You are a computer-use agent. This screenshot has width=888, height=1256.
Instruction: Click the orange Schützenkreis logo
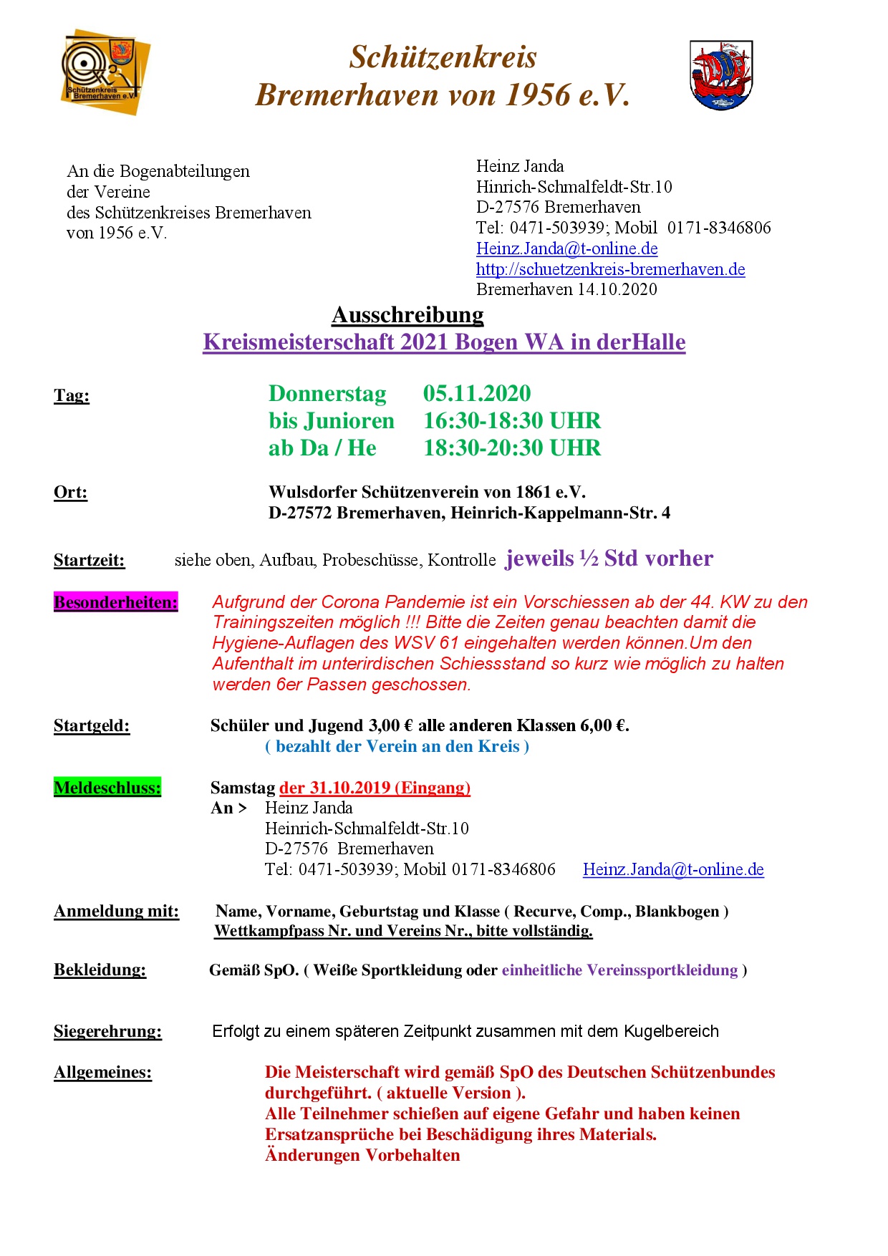[105, 72]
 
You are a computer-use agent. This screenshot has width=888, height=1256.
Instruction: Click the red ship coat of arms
[720, 74]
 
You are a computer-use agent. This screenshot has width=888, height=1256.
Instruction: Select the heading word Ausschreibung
[407, 315]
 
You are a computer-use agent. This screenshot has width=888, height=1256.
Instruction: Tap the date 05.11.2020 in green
[477, 393]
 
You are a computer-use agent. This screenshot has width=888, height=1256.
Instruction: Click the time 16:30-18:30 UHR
[512, 420]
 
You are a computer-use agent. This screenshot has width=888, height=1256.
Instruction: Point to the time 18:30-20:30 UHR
[512, 448]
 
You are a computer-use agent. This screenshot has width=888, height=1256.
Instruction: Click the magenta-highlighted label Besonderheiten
[115, 602]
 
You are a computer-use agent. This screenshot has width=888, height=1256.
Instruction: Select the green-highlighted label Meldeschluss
[107, 788]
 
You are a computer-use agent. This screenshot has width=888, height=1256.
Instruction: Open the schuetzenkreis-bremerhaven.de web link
[610, 269]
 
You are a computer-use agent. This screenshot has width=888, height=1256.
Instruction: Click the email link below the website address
[566, 248]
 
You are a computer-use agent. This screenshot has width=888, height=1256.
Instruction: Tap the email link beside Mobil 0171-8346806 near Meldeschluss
[673, 869]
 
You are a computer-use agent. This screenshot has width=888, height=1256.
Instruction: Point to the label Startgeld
[92, 726]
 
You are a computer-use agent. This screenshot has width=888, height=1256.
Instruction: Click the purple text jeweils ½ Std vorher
[609, 559]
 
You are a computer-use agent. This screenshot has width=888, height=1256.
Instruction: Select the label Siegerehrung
[107, 1031]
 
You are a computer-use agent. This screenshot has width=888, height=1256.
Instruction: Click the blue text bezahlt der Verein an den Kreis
[397, 746]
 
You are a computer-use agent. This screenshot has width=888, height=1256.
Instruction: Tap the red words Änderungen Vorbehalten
[362, 1155]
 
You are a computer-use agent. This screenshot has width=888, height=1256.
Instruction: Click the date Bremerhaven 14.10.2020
[566, 289]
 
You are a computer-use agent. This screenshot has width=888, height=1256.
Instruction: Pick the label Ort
[70, 492]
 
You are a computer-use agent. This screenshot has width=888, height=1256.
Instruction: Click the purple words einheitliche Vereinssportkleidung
[619, 970]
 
